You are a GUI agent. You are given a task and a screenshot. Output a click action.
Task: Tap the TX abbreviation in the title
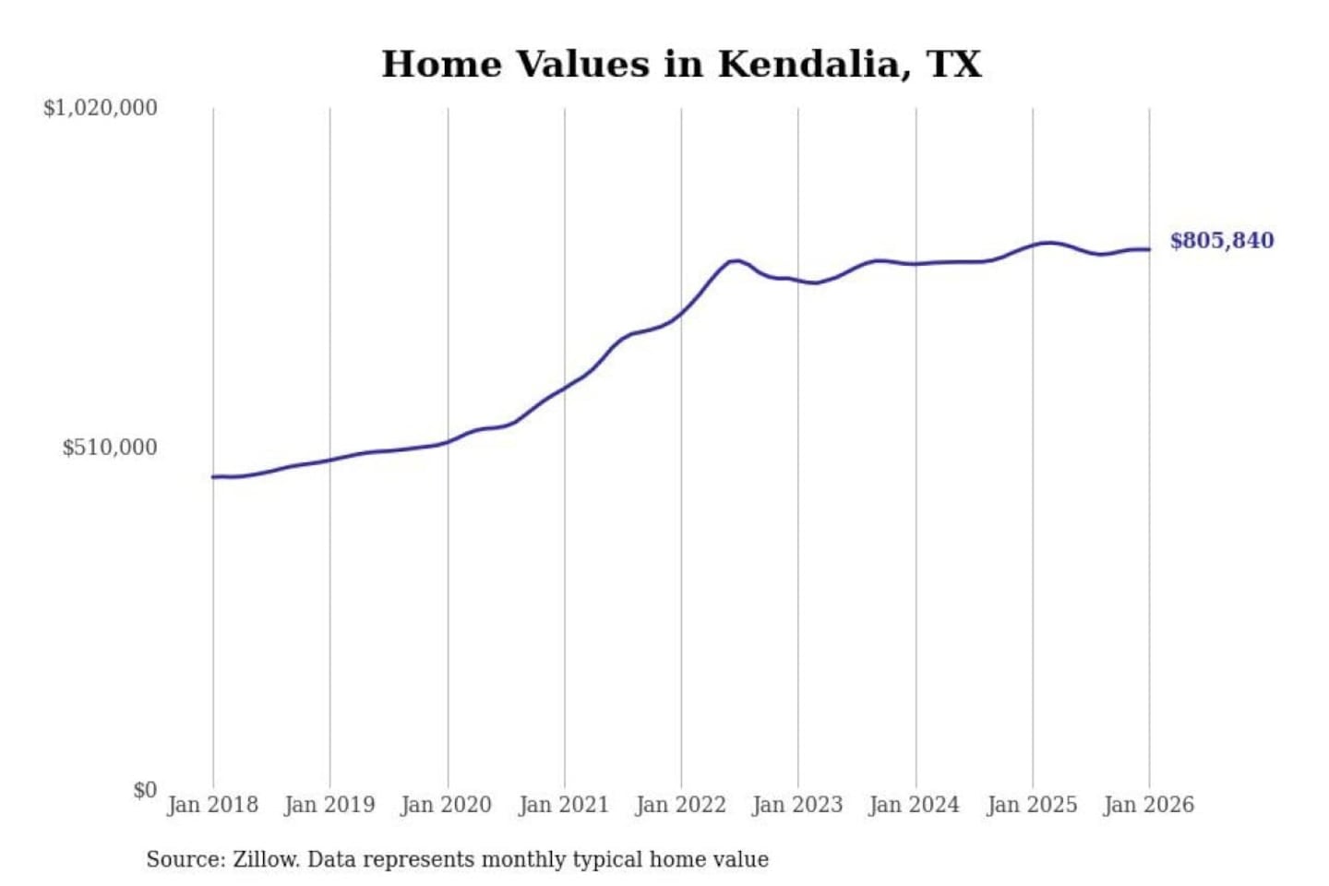(x=953, y=64)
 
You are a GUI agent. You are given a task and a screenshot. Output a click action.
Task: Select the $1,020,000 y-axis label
(x=100, y=108)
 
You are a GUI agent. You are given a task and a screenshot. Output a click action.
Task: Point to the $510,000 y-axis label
(x=109, y=448)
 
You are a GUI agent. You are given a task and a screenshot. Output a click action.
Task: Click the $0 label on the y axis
(x=144, y=790)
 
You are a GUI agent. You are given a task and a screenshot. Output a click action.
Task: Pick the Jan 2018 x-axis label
(x=212, y=805)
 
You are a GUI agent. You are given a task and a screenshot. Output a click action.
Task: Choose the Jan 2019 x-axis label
(x=329, y=805)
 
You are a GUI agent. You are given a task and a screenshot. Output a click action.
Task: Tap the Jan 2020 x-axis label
(x=447, y=805)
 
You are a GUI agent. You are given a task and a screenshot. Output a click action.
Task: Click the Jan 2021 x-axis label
(x=564, y=805)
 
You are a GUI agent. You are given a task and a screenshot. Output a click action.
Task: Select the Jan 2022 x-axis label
(x=681, y=805)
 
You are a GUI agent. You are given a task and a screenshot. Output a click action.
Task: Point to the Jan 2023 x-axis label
(x=797, y=805)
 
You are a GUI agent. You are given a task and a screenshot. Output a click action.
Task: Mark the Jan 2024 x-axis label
(x=915, y=805)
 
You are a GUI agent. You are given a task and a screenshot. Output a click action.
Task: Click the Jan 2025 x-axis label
(x=1032, y=805)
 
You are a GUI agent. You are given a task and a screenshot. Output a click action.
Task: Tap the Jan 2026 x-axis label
(x=1149, y=805)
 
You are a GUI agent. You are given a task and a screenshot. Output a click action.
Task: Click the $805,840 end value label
(x=1221, y=241)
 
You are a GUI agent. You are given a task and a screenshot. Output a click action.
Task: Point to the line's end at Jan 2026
(x=1149, y=249)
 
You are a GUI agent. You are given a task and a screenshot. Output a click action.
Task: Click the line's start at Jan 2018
(x=213, y=476)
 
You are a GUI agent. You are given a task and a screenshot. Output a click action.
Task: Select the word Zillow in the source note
(x=265, y=859)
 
